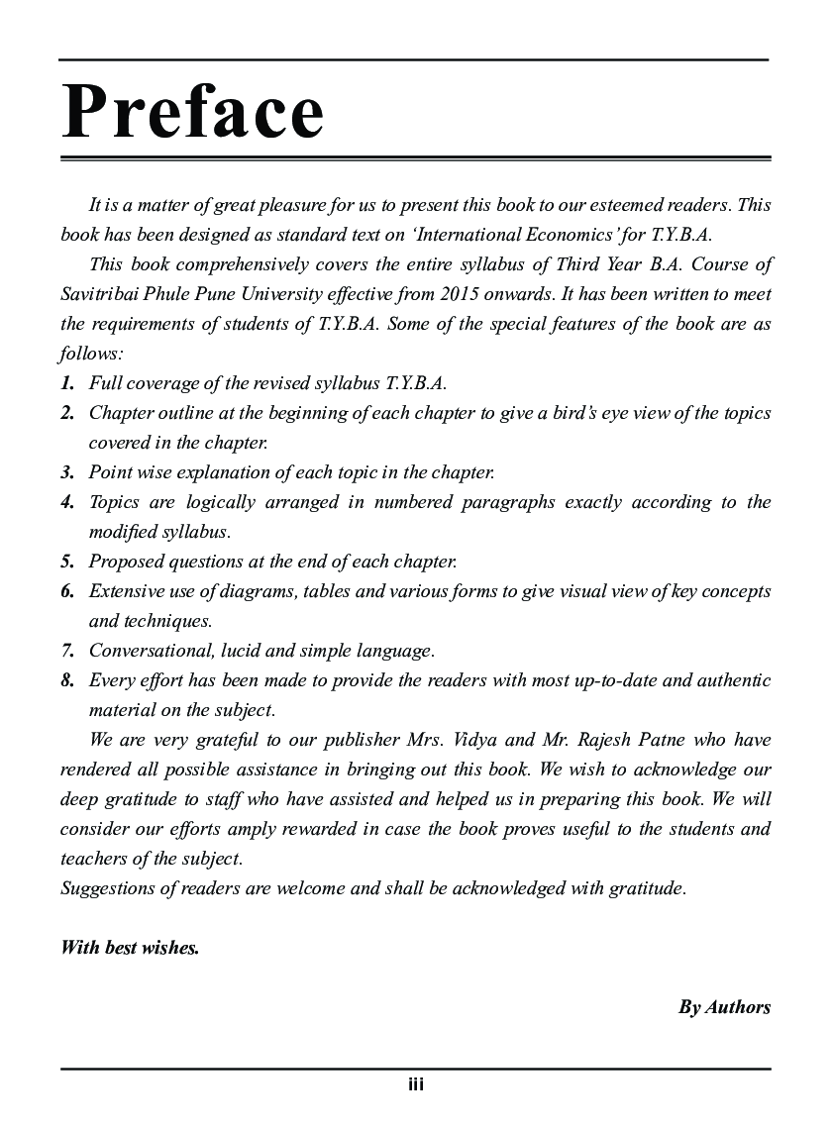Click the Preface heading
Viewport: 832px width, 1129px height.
[x=192, y=112]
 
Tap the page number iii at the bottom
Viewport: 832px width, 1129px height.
[x=416, y=1084]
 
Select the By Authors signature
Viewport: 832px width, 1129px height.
[x=724, y=1007]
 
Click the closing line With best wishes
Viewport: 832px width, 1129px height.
[x=130, y=948]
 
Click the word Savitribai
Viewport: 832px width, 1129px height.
[x=102, y=294]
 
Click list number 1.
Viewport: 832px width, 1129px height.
[x=67, y=383]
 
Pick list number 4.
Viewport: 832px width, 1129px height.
[x=67, y=502]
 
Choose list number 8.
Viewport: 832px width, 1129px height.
[x=67, y=680]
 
